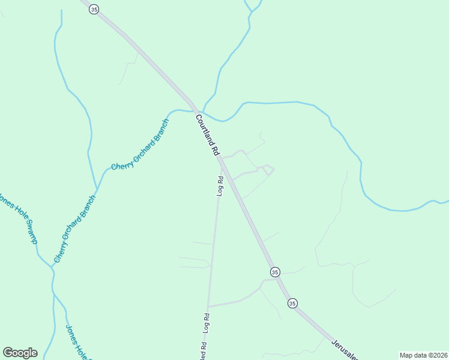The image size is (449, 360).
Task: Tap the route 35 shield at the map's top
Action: pos(94,9)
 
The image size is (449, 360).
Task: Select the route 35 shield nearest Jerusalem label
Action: pos(292,303)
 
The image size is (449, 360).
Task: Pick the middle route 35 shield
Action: pos(274,272)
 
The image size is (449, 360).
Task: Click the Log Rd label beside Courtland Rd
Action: pos(220,186)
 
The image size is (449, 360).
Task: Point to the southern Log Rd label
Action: pos(206,323)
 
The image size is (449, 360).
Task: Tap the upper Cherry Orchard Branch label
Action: pos(140,145)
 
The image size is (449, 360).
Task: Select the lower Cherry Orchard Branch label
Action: pos(75,229)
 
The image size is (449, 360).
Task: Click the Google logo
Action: pos(20,353)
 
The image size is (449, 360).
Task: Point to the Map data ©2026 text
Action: pos(423,355)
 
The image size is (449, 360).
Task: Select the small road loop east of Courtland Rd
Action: pos(268,170)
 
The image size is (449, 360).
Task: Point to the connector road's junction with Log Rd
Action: pos(208,307)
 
